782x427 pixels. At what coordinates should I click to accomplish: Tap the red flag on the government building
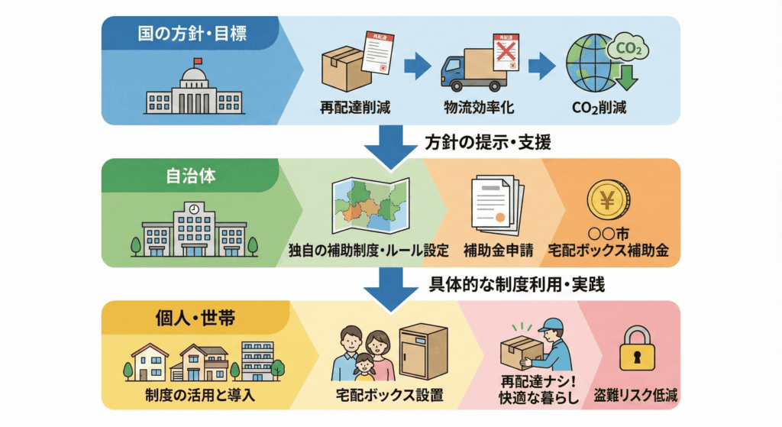(198, 61)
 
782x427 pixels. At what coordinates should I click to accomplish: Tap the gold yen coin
(608, 201)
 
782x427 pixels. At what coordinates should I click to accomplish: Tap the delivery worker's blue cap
(550, 325)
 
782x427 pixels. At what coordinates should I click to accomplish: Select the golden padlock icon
(635, 349)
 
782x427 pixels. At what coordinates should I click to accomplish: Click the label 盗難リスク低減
(636, 396)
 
